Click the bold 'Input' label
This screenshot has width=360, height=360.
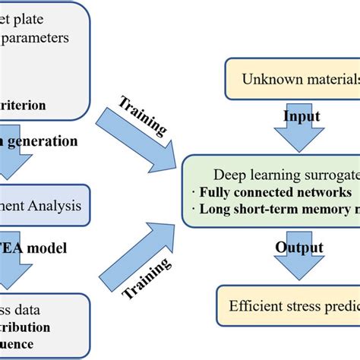coord(302,115)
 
